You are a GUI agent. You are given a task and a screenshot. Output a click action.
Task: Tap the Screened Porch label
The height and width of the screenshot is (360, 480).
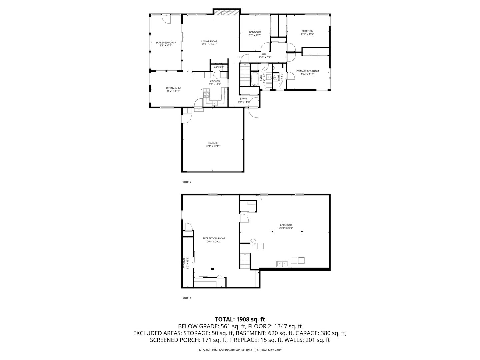pyautogui.click(x=166, y=43)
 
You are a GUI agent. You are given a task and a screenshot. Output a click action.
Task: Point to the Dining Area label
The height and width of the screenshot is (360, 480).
pyautogui.click(x=173, y=88)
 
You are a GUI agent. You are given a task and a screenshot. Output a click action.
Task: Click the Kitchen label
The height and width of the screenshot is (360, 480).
pyautogui.click(x=215, y=81)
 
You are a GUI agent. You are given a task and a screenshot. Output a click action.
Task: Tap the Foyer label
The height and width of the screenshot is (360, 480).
pyautogui.click(x=244, y=99)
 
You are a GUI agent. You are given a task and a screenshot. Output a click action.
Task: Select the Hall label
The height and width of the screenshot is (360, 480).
pyautogui.click(x=265, y=54)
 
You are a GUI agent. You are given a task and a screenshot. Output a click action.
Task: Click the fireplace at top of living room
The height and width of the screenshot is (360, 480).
pyautogui.click(x=226, y=13)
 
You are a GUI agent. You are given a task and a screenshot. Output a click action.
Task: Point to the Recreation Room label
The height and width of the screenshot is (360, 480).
pyautogui.click(x=214, y=238)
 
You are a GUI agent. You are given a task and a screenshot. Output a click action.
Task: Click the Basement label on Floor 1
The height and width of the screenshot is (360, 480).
pyautogui.click(x=286, y=225)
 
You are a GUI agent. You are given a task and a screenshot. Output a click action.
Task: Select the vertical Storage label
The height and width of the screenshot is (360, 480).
pyautogui.click(x=184, y=263)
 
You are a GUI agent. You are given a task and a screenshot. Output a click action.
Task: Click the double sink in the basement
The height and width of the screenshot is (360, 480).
pyautogui.click(x=282, y=264)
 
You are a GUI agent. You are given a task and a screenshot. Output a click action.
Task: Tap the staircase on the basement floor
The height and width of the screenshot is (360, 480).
pyautogui.click(x=245, y=261)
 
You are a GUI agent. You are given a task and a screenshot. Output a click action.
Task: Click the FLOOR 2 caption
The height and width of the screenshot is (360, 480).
pyautogui.click(x=186, y=182)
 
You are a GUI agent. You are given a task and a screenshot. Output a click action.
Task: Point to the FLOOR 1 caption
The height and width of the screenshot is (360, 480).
pyautogui.click(x=186, y=298)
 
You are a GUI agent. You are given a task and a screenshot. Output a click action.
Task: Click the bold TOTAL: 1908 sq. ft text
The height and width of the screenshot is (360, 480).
pyautogui.click(x=240, y=319)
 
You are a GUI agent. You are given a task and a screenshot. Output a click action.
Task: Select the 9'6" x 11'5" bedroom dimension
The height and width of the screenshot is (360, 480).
pyautogui.click(x=255, y=35)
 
